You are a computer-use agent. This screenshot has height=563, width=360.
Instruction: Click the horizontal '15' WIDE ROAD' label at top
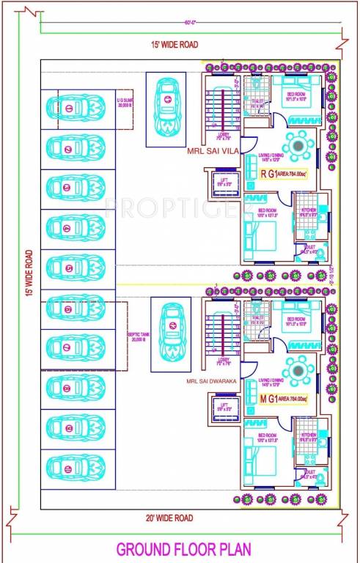click(x=174, y=45)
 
